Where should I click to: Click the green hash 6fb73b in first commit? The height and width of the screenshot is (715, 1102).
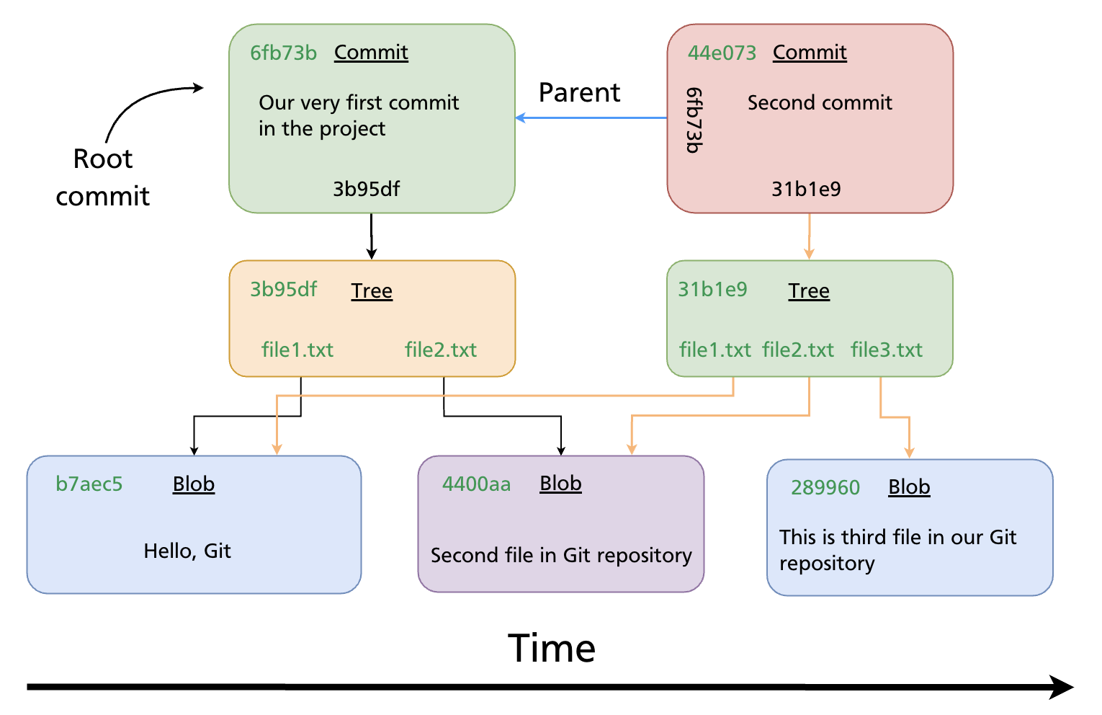(283, 53)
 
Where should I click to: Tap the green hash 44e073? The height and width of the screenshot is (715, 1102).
(722, 53)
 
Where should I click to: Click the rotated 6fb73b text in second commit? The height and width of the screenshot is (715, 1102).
(694, 120)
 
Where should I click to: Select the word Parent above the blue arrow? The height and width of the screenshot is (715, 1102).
(579, 92)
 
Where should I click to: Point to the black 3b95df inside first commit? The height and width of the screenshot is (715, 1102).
(366, 189)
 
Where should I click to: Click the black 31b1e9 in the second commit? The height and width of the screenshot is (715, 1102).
(806, 189)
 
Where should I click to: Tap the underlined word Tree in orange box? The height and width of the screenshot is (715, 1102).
(372, 290)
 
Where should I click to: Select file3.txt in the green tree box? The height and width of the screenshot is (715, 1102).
(886, 350)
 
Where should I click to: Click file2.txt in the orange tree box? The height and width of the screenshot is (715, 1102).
(441, 350)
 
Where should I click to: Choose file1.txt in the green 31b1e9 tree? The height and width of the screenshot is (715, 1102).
(714, 350)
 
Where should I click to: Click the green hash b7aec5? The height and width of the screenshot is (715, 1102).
(89, 484)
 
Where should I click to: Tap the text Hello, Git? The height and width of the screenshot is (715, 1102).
(187, 551)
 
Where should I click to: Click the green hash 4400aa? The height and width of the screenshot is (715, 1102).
(476, 484)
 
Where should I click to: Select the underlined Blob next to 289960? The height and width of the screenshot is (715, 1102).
(909, 487)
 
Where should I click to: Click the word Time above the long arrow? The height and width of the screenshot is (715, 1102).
(552, 648)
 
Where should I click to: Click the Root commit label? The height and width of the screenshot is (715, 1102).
(103, 177)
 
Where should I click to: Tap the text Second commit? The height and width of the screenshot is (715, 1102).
(820, 102)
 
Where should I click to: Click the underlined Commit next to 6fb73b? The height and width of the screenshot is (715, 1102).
(371, 53)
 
